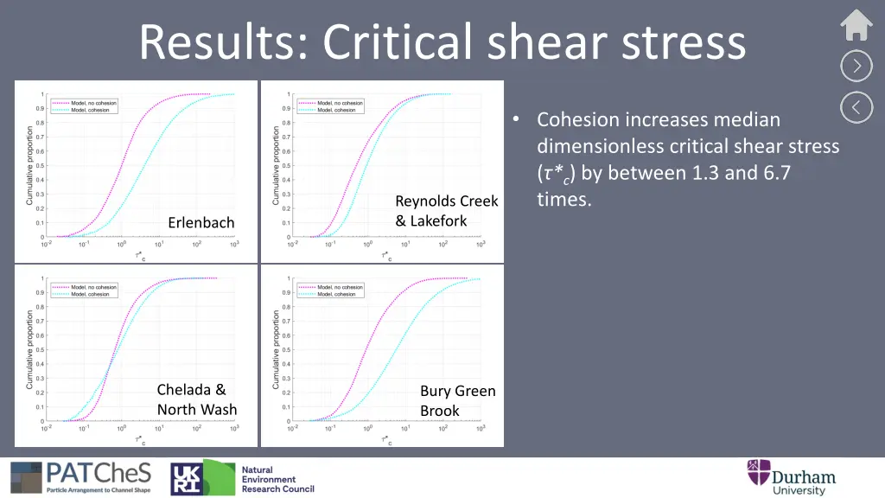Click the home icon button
tap(856, 25)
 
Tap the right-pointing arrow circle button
tap(856, 66)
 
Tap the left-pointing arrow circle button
tap(856, 107)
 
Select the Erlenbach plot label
tap(201, 223)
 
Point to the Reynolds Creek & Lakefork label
tap(446, 211)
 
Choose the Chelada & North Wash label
tap(197, 399)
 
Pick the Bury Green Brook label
tap(457, 401)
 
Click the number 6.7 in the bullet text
tap(772, 173)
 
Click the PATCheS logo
tap(81, 477)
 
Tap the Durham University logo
tap(792, 477)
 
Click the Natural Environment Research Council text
tap(277, 479)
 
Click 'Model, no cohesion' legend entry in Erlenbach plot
tap(93, 103)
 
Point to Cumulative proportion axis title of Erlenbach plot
tap(30, 165)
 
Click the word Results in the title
tap(219, 41)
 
